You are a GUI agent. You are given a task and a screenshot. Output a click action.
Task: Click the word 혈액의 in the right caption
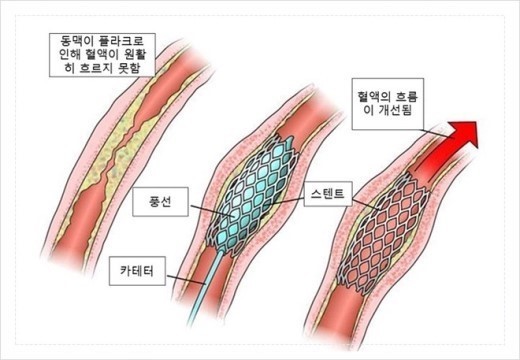376,88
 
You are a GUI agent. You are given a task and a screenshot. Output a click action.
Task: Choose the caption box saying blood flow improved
390,96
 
